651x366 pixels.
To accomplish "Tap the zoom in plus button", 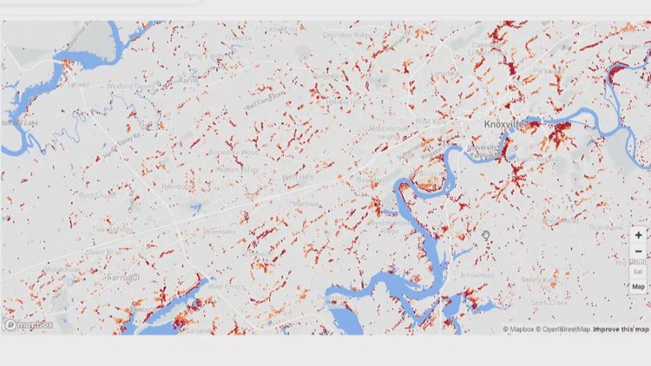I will click(x=639, y=235).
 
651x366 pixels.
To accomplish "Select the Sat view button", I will click(x=638, y=270).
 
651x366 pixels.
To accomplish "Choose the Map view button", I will click(x=638, y=286).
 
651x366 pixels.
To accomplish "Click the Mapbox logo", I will click(x=29, y=325).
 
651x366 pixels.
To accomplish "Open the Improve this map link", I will click(x=621, y=330).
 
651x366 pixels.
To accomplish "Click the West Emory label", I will click(x=227, y=286).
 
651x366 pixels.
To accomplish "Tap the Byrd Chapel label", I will click(x=97, y=196).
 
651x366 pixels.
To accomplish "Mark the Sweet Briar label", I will click(x=103, y=252).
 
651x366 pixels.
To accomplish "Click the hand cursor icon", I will click(x=487, y=234).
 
